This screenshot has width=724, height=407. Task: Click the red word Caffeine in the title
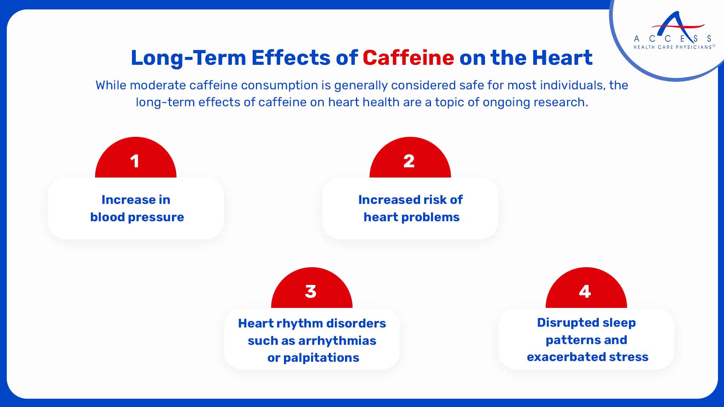coord(408,58)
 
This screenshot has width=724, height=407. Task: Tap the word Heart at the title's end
coord(562,58)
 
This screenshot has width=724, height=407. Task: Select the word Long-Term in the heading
coord(188,58)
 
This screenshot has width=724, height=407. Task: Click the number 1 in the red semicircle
coord(135,161)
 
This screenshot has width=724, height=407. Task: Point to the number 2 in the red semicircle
coord(409,161)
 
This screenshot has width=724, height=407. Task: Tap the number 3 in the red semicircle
coord(311,291)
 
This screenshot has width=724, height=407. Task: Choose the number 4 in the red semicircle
coord(585,291)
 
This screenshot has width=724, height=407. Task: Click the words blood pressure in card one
coord(137,217)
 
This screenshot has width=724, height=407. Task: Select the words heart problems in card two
coord(411,217)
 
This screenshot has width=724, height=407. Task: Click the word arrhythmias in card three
coord(337,341)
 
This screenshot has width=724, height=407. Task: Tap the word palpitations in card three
coord(321,358)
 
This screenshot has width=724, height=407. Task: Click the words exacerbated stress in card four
coord(587,357)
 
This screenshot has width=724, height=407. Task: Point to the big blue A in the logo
coord(678,26)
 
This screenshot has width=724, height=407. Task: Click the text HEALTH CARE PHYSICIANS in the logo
coord(672,47)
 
